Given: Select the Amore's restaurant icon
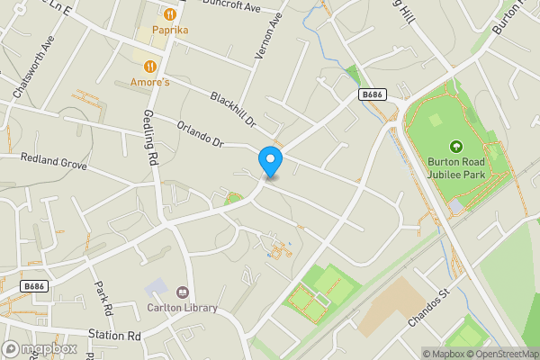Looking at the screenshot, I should click(x=150, y=66).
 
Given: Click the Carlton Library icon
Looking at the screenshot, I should click(x=183, y=292).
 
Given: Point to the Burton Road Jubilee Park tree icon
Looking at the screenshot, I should click(x=455, y=146).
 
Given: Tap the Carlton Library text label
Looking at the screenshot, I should click(x=183, y=308).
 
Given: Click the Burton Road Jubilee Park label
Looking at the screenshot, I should click(x=455, y=170).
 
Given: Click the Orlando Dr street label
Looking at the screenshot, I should click(x=200, y=135).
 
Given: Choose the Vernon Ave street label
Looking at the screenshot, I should click(x=263, y=41).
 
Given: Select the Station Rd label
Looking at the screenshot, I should click(x=115, y=336).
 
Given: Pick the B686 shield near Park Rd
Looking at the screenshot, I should click(x=34, y=286).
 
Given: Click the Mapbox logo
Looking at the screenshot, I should click(x=40, y=348).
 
